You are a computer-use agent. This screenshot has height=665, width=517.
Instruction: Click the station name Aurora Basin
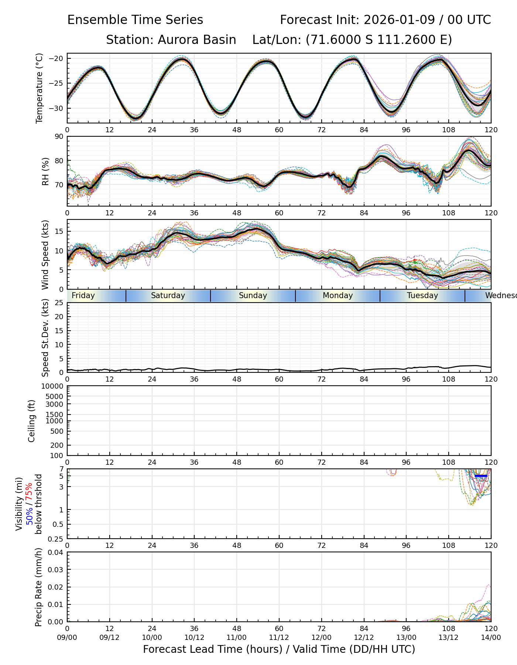[x=197, y=40]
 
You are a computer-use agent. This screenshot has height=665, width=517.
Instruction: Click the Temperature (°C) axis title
[x=40, y=88]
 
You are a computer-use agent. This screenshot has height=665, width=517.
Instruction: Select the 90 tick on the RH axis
[x=59, y=137]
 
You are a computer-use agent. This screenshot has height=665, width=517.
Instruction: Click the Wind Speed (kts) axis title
[x=45, y=255]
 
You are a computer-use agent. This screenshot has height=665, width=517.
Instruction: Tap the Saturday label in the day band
[x=168, y=296]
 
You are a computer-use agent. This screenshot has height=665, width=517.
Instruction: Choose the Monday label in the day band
[x=338, y=296]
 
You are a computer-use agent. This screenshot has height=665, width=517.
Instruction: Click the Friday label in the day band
[x=83, y=296]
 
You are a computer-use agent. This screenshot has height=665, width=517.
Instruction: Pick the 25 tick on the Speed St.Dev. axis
[x=59, y=303]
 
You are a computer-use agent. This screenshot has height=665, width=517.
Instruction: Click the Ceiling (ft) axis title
[x=32, y=421]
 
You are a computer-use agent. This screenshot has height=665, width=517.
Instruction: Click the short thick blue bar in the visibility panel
[x=481, y=476]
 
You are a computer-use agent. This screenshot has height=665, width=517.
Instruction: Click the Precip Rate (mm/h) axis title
[x=38, y=587]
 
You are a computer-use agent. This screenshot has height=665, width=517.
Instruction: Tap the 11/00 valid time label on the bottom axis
[x=237, y=637]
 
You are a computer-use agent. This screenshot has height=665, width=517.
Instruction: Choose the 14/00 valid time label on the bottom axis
[x=491, y=637]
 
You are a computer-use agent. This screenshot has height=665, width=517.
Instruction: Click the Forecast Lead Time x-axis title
[x=279, y=649]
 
